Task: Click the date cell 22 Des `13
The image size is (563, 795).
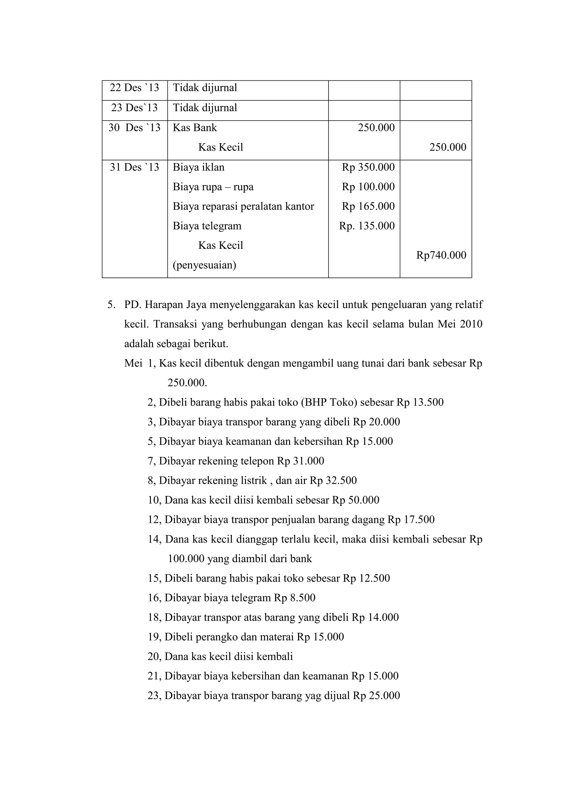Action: (x=134, y=88)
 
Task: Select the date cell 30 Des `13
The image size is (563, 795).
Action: (x=134, y=128)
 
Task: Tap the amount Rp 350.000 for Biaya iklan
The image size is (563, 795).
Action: (x=368, y=167)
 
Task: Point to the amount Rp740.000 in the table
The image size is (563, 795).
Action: (x=441, y=255)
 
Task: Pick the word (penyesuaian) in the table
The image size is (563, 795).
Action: (x=204, y=265)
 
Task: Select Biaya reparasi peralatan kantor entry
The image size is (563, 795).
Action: (x=243, y=206)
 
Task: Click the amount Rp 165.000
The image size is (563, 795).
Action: (x=368, y=206)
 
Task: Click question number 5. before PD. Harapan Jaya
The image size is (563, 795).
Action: (x=111, y=305)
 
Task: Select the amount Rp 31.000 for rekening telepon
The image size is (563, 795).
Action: (x=300, y=461)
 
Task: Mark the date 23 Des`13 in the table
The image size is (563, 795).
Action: (x=134, y=108)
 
